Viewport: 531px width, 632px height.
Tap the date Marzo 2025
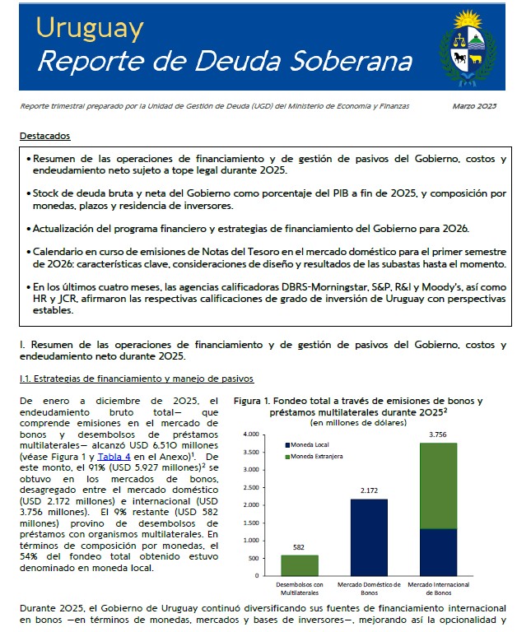pyautogui.click(x=475, y=106)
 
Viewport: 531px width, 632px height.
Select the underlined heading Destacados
pyautogui.click(x=45, y=136)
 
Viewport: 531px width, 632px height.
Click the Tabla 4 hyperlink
pyautogui.click(x=114, y=456)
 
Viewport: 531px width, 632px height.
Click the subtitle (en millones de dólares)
pyautogui.click(x=359, y=422)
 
